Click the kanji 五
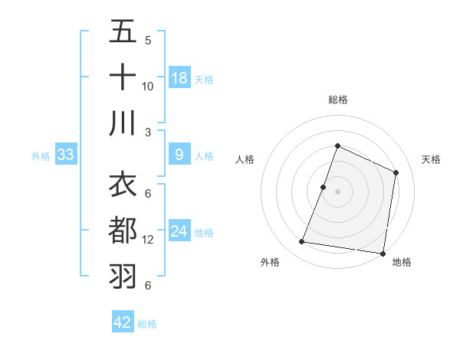coord(123,33)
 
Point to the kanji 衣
coord(123,185)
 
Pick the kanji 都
coord(123,231)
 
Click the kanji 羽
coord(123,276)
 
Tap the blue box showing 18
coord(179,78)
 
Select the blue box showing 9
coord(179,155)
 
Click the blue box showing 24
coord(179,231)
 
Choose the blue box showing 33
coord(65,155)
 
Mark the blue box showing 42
coord(123,322)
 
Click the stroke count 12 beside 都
coord(148,240)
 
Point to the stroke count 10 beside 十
coord(148,86)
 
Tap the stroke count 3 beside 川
coord(148,131)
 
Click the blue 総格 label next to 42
coord(147,323)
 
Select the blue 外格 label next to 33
coord(41,155)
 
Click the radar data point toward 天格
coord(396,172)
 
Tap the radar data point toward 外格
coord(302,242)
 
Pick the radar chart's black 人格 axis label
coord(245,159)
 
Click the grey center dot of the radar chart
coord(337,191)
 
